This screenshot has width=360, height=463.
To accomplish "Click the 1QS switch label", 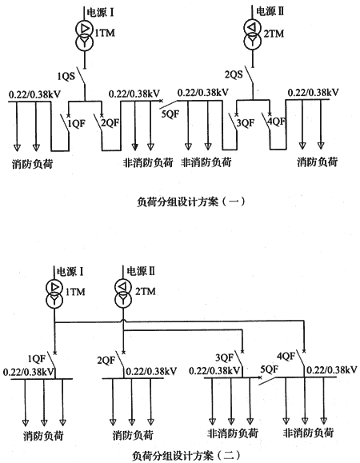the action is point(66,77).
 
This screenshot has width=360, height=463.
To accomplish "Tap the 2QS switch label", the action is point(234,74).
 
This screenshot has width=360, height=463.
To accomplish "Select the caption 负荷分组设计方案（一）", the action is point(191,202).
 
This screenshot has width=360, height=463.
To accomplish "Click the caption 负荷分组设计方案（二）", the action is point(187,455).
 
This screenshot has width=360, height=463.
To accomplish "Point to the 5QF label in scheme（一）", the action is point(170,114).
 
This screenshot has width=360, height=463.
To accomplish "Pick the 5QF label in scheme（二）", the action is point(270,369).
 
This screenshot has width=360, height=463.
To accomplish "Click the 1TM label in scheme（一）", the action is point(104,33).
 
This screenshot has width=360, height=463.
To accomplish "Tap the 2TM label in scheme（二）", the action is point(146,291).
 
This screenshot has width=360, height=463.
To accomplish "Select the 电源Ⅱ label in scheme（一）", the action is point(270,12).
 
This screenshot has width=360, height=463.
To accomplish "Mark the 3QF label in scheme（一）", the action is point(245,123).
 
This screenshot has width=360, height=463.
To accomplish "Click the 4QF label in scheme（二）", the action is point(286,357).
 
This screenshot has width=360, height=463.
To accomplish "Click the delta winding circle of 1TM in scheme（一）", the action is point(85,29).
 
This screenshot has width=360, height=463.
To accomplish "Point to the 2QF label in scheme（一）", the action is point(110,123).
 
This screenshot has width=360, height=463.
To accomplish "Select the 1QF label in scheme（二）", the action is point(37,359).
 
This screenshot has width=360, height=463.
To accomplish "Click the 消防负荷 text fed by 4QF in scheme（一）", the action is point(317,162).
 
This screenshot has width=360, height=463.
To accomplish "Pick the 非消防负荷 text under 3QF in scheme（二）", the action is point(233,433).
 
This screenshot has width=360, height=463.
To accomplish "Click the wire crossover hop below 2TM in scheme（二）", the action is point(123,321).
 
